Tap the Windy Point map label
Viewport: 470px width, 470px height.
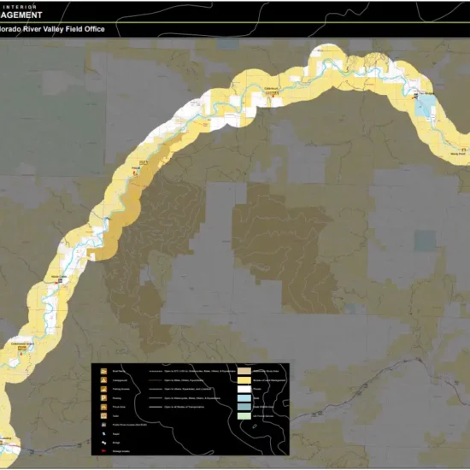(457, 155)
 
